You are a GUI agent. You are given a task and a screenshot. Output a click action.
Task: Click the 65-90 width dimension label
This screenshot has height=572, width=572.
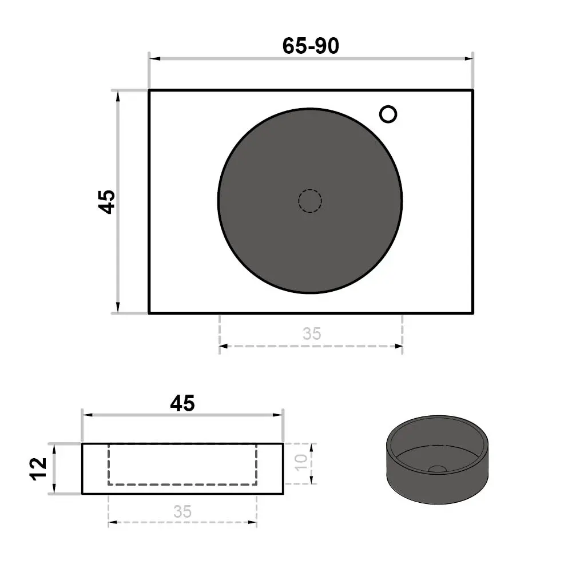click(x=311, y=46)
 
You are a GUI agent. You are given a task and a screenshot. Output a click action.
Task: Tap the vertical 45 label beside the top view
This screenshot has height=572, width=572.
click(x=107, y=202)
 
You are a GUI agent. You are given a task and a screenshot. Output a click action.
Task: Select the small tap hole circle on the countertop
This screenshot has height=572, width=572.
click(x=388, y=114)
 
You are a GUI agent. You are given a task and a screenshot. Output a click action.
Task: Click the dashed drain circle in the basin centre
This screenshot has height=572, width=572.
click(x=309, y=201)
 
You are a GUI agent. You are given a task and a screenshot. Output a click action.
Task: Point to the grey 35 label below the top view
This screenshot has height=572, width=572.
click(x=312, y=334)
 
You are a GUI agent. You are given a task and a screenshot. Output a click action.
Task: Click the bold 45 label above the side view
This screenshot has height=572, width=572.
click(x=182, y=403)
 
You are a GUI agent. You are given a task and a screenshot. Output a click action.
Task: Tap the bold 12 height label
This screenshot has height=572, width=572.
click(x=39, y=469)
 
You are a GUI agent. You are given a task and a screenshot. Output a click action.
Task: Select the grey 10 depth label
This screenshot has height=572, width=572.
click(x=301, y=463)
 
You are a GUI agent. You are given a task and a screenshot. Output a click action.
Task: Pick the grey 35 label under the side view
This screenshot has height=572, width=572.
click(x=182, y=511)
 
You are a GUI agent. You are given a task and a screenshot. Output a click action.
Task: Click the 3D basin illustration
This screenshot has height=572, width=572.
click(x=437, y=460)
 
